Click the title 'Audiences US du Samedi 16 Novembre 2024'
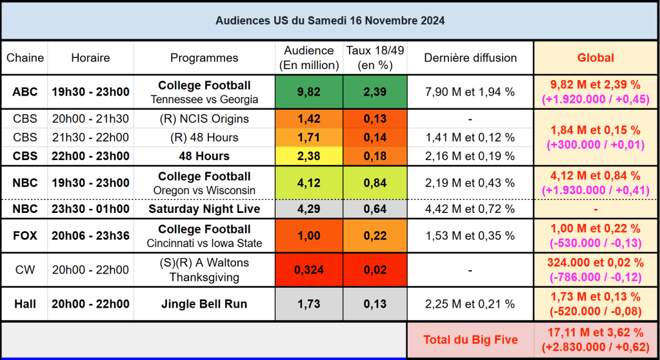pos(330,21)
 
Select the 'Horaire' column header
pos(90,57)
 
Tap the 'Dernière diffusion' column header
pos(470,57)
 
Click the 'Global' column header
pos(595,57)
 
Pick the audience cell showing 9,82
pos(308,92)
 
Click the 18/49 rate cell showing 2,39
pos(375,92)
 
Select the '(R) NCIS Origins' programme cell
pos(204,119)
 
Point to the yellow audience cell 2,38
pos(308,155)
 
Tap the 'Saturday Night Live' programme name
pos(204,208)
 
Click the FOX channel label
pos(25,235)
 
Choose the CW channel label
pos(25,270)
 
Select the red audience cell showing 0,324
pos(308,270)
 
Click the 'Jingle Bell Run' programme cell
pos(204,304)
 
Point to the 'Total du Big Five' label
pos(470,339)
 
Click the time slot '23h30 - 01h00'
pos(90,208)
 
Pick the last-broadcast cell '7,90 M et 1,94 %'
pos(470,92)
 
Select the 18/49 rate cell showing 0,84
pos(375,183)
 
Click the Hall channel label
pos(25,304)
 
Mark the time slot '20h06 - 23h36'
pos(90,235)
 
